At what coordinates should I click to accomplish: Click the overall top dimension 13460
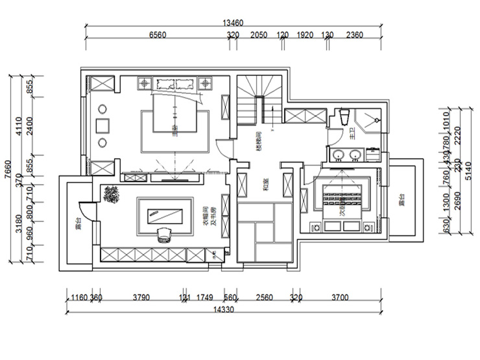[233, 23]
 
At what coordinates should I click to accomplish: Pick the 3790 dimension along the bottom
[141, 298]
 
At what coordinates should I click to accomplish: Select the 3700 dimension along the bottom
[339, 298]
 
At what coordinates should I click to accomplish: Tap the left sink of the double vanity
[339, 154]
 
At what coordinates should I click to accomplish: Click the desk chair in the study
[163, 233]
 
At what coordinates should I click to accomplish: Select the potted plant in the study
[111, 195]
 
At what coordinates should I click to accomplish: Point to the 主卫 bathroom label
[352, 136]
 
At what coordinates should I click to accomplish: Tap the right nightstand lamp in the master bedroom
[207, 83]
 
